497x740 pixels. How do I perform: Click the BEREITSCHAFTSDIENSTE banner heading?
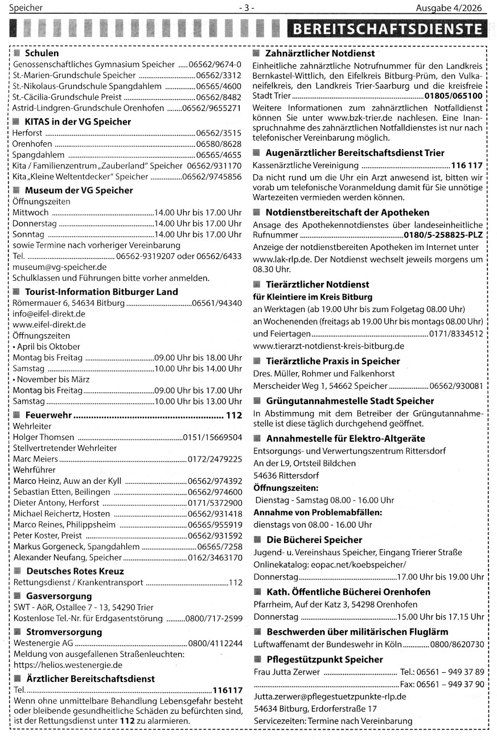tap(388, 30)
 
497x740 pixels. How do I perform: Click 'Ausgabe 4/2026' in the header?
tap(448, 8)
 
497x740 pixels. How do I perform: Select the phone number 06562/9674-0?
tap(219, 64)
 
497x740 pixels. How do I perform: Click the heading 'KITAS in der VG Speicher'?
tap(77, 121)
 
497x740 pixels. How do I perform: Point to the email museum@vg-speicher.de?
tap(59, 266)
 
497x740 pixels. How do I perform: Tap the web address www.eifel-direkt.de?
tap(49, 324)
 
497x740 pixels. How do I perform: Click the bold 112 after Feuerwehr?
tap(234, 416)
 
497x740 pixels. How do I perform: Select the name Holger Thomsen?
tap(44, 437)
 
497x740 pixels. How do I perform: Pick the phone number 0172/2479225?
tap(215, 459)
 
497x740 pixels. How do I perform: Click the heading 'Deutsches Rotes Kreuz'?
tap(75, 571)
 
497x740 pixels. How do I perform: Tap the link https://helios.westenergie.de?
tap(68, 664)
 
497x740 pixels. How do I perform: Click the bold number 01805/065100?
tap(454, 96)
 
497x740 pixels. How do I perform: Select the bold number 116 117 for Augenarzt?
tap(466, 166)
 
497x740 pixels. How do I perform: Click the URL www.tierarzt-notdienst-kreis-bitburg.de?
tap(328, 346)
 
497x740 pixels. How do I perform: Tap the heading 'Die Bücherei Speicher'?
tap(314, 540)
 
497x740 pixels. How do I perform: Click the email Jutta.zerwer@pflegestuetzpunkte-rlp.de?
tap(330, 696)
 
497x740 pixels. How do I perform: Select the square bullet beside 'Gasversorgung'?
tap(18, 596)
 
